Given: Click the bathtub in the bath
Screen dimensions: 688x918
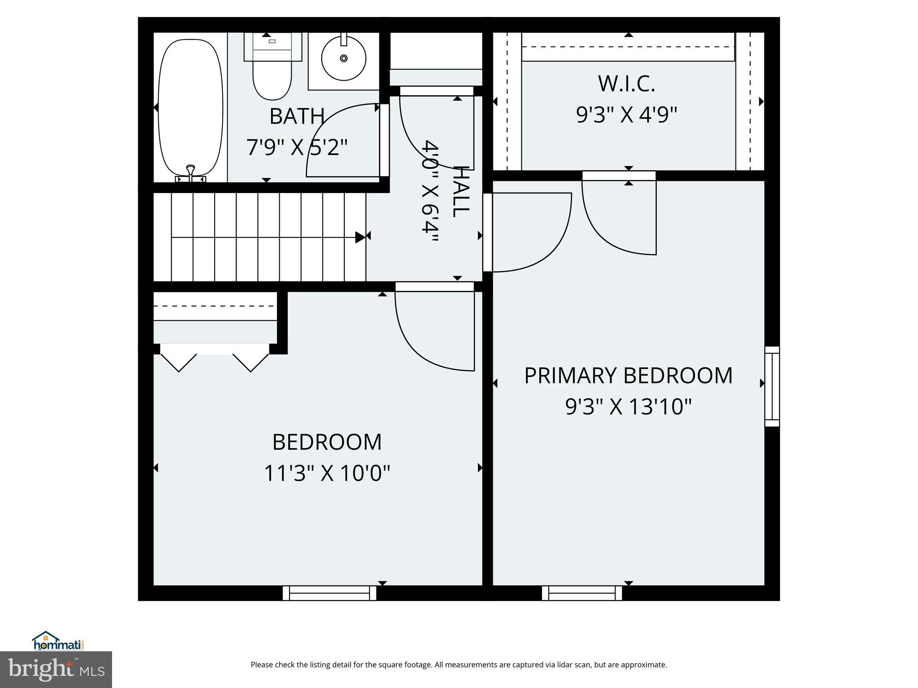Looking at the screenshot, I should coord(191,107).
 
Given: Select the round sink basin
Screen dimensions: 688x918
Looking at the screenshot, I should coord(344,58).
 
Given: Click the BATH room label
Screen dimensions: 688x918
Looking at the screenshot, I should coord(297,116).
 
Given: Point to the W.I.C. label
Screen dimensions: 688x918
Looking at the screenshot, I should coord(626,84).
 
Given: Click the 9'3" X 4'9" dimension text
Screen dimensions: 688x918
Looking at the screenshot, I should coord(626,115).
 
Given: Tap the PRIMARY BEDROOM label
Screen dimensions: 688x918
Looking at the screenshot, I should coord(628,376).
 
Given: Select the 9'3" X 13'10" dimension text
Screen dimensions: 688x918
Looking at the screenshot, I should coord(628,407).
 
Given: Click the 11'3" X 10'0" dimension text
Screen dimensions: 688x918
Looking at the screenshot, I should coord(327,473).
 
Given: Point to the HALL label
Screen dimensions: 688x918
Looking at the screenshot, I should coord(461,192).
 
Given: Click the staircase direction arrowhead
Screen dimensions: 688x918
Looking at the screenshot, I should coord(360,237).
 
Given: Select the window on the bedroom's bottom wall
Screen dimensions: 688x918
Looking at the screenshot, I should coord(329,593).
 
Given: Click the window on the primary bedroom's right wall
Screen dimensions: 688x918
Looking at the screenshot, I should coord(772,386).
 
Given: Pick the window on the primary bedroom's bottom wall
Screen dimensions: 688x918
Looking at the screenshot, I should coord(582,593).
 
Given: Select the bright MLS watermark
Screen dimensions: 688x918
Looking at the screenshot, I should coord(56,670).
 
